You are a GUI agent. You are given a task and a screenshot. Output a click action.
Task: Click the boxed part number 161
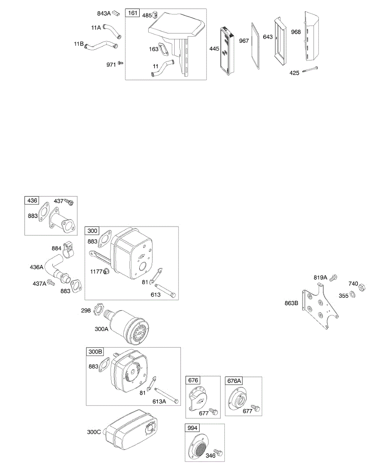(x=133, y=13)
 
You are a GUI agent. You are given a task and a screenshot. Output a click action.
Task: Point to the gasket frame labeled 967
(x=255, y=47)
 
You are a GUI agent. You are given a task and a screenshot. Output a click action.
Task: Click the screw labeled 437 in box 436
(x=69, y=202)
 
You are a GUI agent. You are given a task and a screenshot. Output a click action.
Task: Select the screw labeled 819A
(x=333, y=278)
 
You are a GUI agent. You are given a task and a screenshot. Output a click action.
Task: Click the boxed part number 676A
(x=234, y=381)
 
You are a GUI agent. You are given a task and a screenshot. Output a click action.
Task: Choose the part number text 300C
(x=94, y=432)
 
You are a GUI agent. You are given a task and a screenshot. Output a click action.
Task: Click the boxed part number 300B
(x=95, y=352)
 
